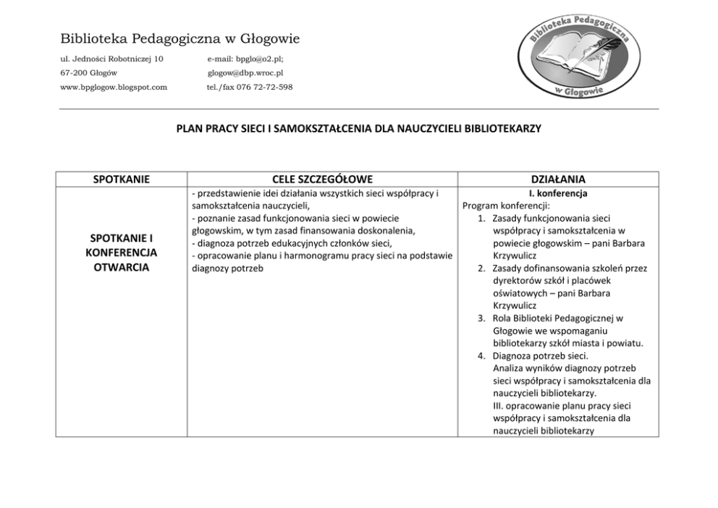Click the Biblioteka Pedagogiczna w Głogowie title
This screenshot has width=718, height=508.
(x=180, y=38)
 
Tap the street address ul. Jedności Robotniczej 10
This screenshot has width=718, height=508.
(x=111, y=58)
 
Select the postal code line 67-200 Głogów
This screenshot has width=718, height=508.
(x=89, y=72)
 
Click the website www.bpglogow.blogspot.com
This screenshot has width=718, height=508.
(x=114, y=87)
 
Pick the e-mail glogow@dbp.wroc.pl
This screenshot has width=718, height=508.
(x=245, y=72)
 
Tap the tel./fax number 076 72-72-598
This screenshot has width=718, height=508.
(x=250, y=87)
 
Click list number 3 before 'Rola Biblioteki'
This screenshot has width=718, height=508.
(x=481, y=318)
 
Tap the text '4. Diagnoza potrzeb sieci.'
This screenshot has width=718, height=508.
(x=533, y=355)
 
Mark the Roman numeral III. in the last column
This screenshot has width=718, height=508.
(x=498, y=405)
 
